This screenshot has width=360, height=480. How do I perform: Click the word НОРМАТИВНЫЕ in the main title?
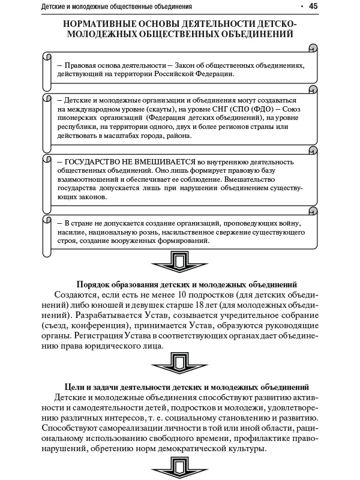coord(109,23)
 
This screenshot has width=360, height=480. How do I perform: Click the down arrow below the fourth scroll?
coord(179,262)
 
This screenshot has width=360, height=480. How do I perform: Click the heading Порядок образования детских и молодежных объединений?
coord(188,283)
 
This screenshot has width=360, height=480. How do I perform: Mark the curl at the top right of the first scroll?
coord(312,48)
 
